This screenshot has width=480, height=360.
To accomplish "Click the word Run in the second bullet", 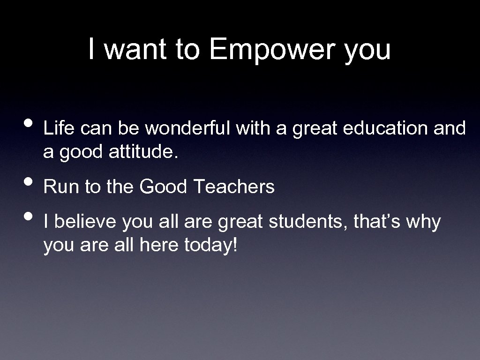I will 62,187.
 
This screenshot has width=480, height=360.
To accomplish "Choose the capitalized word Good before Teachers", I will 164,187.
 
